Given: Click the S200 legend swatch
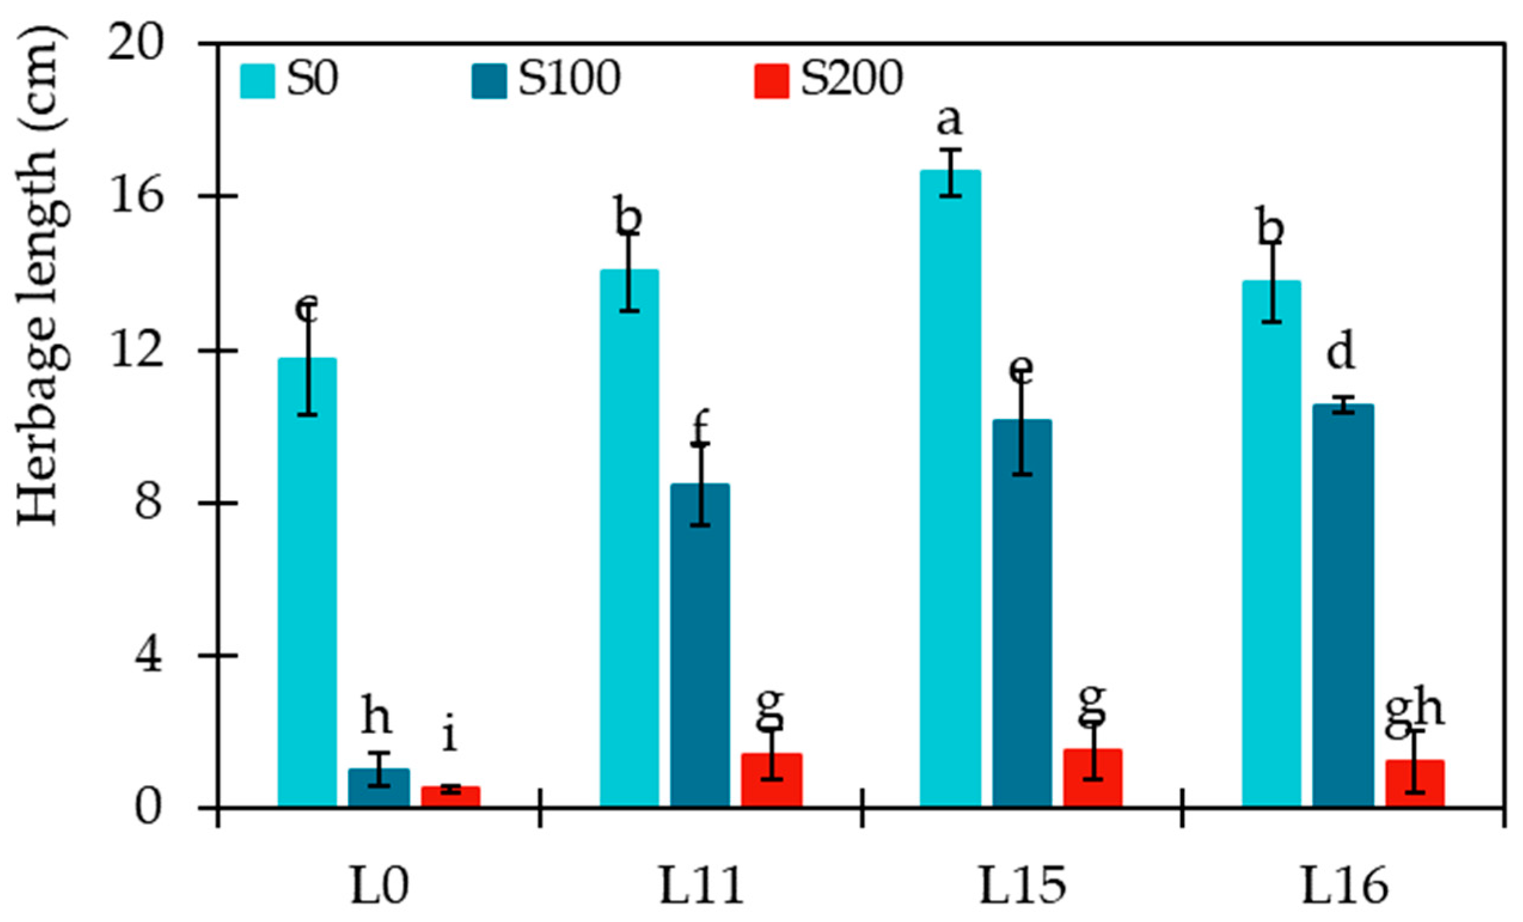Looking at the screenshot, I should tap(771, 81).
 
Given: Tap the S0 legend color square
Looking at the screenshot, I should tap(257, 81).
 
